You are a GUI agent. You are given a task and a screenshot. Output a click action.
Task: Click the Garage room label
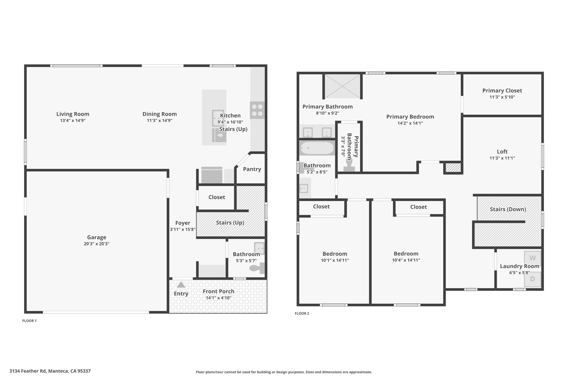point(97,237)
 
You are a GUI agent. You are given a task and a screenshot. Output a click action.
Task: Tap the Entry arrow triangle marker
point(181,285)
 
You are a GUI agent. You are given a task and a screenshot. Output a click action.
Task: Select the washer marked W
point(532,258)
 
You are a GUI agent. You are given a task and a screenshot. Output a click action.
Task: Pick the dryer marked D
point(532,279)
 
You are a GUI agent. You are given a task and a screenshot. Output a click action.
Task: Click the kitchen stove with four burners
point(257,110)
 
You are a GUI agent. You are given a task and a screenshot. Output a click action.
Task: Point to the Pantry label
point(252,169)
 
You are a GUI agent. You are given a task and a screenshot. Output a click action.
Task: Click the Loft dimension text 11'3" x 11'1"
point(502,158)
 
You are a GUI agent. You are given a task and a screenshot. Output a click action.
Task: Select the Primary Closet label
point(502,91)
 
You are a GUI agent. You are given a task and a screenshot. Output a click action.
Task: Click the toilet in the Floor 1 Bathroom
point(257,268)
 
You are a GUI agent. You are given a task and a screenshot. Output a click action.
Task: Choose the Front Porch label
point(219,291)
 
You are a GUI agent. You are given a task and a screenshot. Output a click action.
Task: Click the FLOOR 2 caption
point(302,313)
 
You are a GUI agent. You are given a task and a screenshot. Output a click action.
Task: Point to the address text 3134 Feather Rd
point(28,371)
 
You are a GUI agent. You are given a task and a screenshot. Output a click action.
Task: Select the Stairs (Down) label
point(508,209)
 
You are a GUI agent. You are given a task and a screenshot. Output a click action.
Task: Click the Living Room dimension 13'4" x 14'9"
point(73,120)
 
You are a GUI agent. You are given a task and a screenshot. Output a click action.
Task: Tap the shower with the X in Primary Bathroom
point(343,86)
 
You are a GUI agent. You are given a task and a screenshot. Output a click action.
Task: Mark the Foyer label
point(183,223)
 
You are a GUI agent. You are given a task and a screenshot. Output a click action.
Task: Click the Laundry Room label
point(519,266)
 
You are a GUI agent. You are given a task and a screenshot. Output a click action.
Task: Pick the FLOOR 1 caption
point(29,321)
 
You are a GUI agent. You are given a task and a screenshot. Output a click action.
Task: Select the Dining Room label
point(159,114)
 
